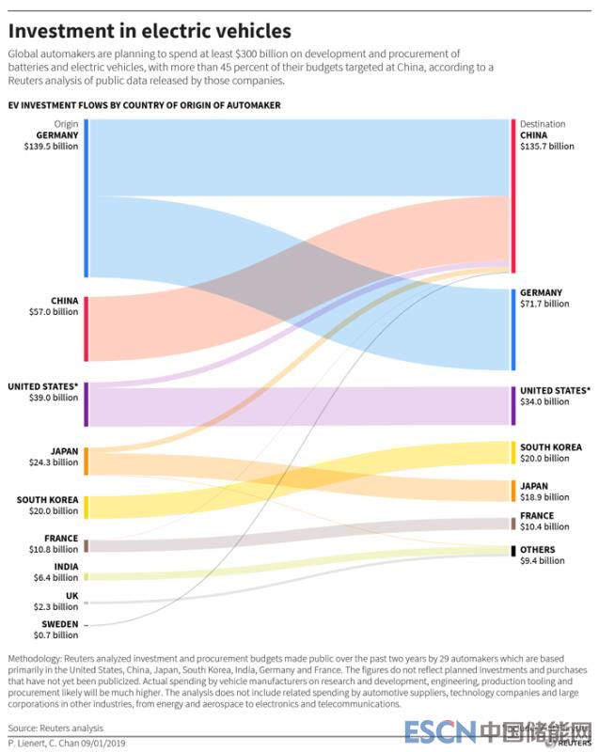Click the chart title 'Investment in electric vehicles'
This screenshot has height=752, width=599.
coord(150,31)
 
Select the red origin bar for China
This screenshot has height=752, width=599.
coord(86,329)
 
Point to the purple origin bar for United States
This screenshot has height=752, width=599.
coord(86,404)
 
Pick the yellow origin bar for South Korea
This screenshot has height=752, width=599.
coord(86,508)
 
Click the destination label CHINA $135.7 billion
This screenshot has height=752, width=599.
coord(546,140)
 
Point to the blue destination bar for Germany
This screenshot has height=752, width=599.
coord(513,329)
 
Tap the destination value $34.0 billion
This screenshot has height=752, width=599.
coord(544,401)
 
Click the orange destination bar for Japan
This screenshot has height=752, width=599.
coord(513,491)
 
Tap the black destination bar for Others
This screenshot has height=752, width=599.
coord(513,550)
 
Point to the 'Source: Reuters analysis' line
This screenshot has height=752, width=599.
coord(56,728)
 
